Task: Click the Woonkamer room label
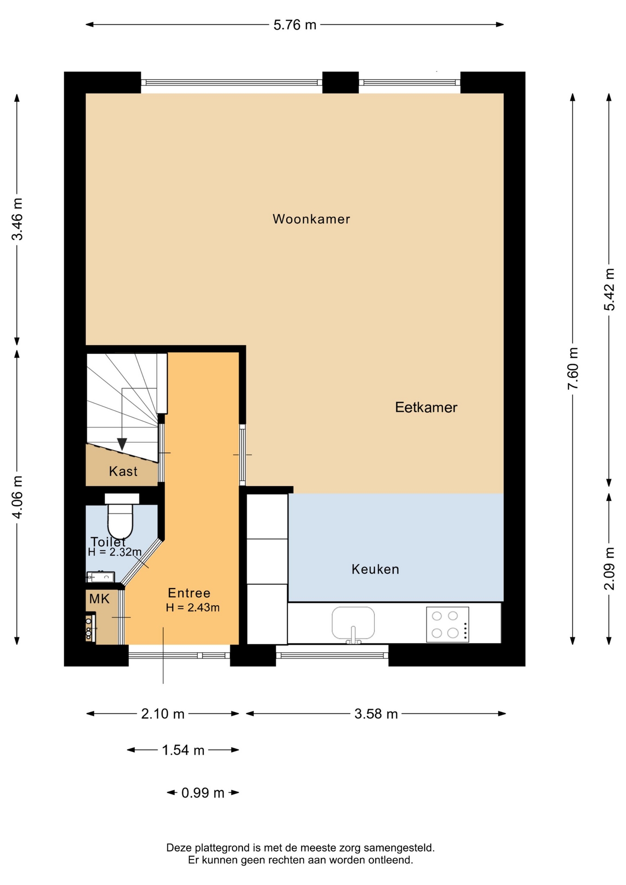[x=311, y=219]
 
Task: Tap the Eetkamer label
[x=426, y=407]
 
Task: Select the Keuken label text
[x=375, y=569]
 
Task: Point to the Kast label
[x=123, y=471]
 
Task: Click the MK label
[x=100, y=599]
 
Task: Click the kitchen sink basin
[x=353, y=624]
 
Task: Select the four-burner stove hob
[x=448, y=625]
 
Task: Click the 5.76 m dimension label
[x=295, y=25]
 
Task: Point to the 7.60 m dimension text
[x=573, y=368]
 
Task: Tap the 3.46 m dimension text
[x=17, y=219]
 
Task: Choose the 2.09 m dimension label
[x=609, y=568]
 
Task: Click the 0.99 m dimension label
[x=203, y=793]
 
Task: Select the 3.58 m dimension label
[x=376, y=714]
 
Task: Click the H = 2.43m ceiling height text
[x=193, y=608]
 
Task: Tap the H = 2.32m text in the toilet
[x=115, y=552]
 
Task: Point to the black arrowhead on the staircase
[x=122, y=444]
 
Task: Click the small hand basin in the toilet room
[x=101, y=577]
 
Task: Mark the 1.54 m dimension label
[x=183, y=750]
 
